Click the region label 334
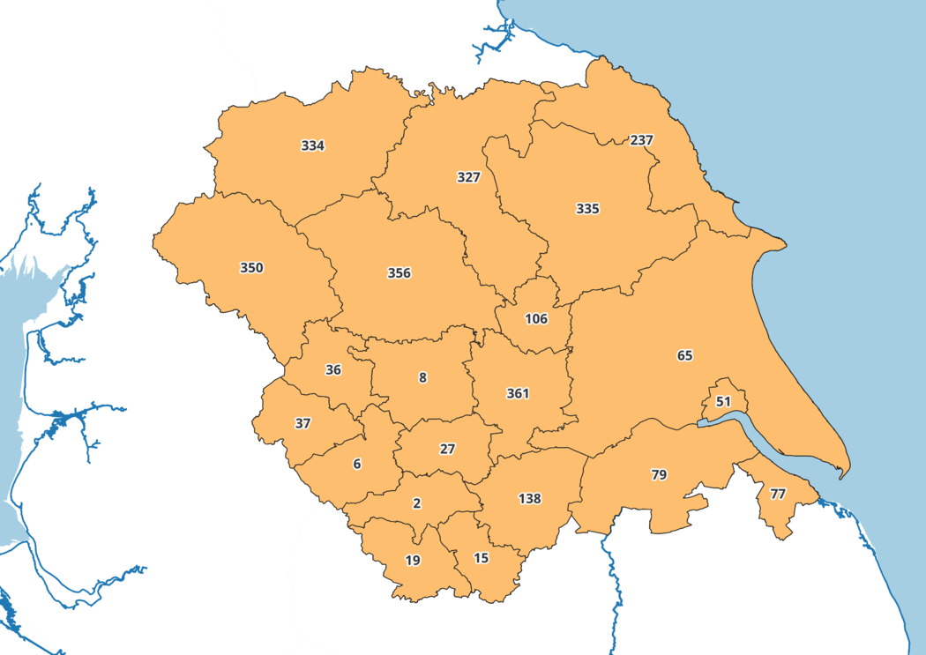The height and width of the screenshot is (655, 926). click(313, 145)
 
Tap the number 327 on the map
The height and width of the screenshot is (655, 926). click(468, 177)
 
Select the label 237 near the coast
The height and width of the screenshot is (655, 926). click(641, 140)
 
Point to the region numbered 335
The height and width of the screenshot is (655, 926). click(587, 209)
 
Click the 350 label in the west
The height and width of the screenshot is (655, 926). click(251, 267)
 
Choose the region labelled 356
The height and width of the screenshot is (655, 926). click(399, 273)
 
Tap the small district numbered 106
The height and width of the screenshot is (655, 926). click(536, 318)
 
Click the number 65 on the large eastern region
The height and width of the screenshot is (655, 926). click(685, 355)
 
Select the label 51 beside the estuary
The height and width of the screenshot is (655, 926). click(724, 401)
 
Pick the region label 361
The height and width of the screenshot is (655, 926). click(518, 393)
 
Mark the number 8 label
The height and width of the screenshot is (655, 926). click(422, 377)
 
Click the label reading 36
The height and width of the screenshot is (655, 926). click(333, 370)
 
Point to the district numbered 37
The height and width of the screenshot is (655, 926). click(302, 423)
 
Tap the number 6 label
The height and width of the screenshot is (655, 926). click(357, 464)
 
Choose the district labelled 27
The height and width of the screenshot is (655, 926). click(447, 449)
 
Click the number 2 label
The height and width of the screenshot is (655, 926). click(417, 503)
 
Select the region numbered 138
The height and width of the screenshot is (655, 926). click(529, 499)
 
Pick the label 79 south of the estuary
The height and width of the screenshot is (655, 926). click(659, 475)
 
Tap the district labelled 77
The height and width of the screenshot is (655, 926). click(777, 494)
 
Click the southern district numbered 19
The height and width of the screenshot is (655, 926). click(413, 560)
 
